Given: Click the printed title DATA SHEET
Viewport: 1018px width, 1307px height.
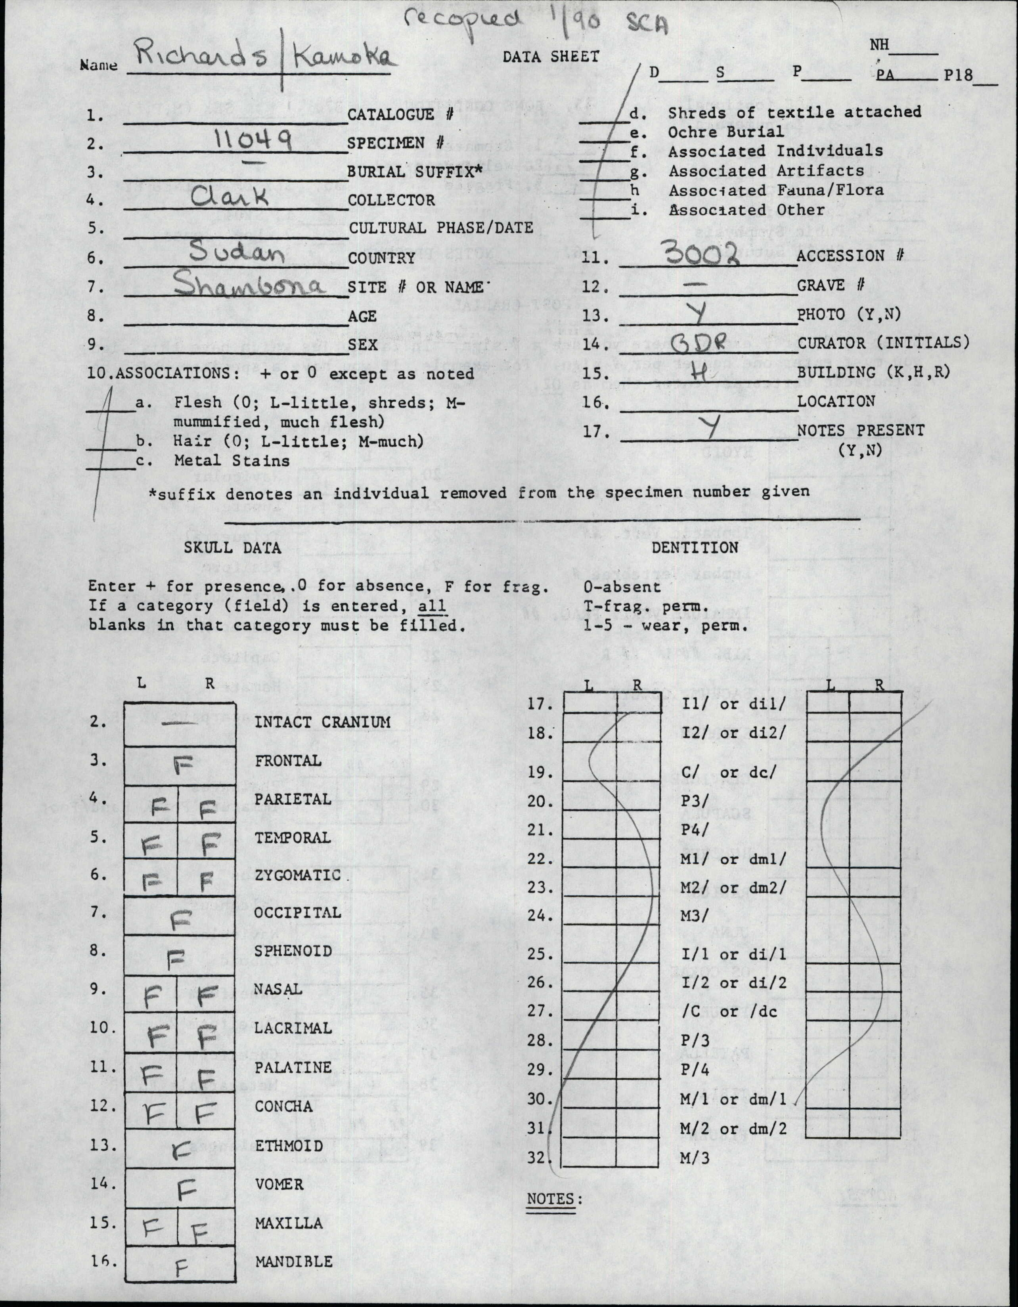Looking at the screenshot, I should (x=550, y=57).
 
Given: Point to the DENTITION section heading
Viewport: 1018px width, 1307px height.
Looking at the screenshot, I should (x=695, y=547).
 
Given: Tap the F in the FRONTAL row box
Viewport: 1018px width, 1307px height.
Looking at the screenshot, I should (x=183, y=764).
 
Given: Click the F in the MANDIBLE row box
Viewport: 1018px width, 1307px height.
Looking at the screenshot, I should (x=182, y=1267).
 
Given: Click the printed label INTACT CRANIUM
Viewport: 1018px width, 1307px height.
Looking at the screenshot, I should (x=322, y=722).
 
